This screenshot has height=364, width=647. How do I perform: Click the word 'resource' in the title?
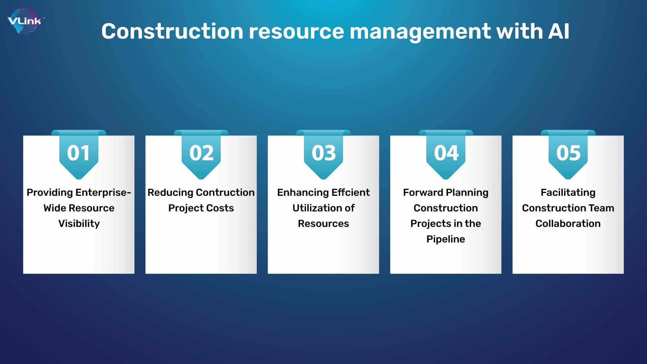click(x=297, y=31)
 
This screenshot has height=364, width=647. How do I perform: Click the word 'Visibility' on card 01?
click(x=79, y=224)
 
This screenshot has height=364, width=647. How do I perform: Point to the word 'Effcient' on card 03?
click(x=351, y=192)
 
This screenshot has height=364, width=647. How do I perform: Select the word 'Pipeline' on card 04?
click(x=446, y=239)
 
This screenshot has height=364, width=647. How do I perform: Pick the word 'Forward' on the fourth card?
click(x=423, y=192)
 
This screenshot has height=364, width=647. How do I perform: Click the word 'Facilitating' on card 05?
click(x=568, y=193)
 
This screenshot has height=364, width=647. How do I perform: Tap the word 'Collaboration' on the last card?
click(x=568, y=223)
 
